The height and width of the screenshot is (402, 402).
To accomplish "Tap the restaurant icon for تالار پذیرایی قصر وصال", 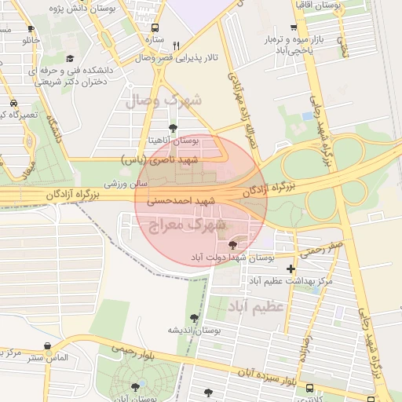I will pyautogui.click(x=177, y=46).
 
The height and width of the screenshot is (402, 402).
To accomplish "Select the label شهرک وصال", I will pyautogui.click(x=163, y=100).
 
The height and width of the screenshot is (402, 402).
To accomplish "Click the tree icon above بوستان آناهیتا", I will pyautogui.click(x=173, y=127).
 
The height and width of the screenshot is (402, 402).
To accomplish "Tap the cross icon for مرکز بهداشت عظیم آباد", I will pyautogui.click(x=291, y=269).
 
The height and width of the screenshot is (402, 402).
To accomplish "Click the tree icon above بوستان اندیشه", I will pyautogui.click(x=194, y=317).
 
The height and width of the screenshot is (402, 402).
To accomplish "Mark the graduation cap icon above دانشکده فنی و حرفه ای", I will pyautogui.click(x=70, y=58).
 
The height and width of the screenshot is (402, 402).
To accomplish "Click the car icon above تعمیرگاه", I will pyautogui.click(x=13, y=103).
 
